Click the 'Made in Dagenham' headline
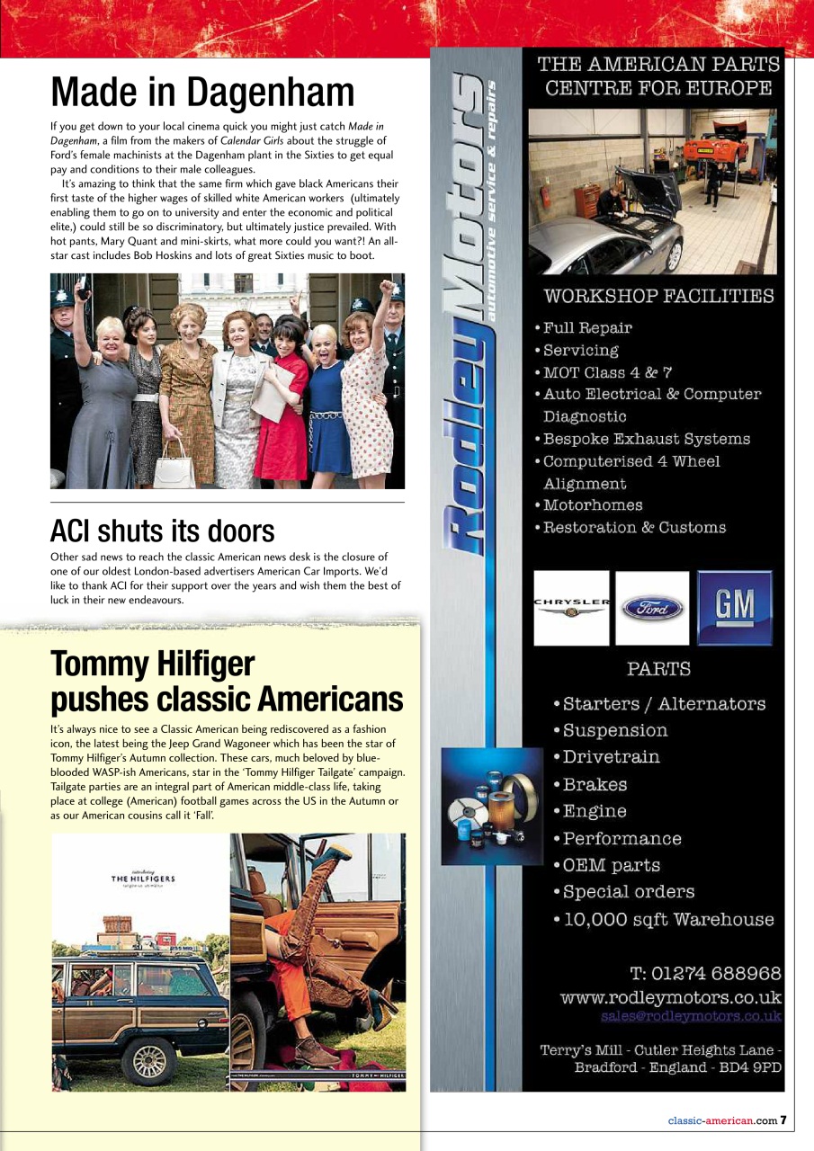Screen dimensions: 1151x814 tap(202, 92)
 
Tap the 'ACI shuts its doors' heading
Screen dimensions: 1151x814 tap(162, 531)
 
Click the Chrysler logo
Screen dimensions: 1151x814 tap(571, 607)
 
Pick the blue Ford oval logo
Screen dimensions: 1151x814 tap(651, 608)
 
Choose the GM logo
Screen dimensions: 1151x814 tap(734, 607)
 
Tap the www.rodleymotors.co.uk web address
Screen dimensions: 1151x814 tap(670, 997)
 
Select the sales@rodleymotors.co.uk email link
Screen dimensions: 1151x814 tap(691, 1016)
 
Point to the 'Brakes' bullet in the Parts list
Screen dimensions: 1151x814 tap(595, 784)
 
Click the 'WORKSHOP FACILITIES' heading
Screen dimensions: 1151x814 tap(658, 296)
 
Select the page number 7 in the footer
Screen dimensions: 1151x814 tap(783, 1120)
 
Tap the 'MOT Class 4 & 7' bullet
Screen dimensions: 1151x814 tap(607, 371)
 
